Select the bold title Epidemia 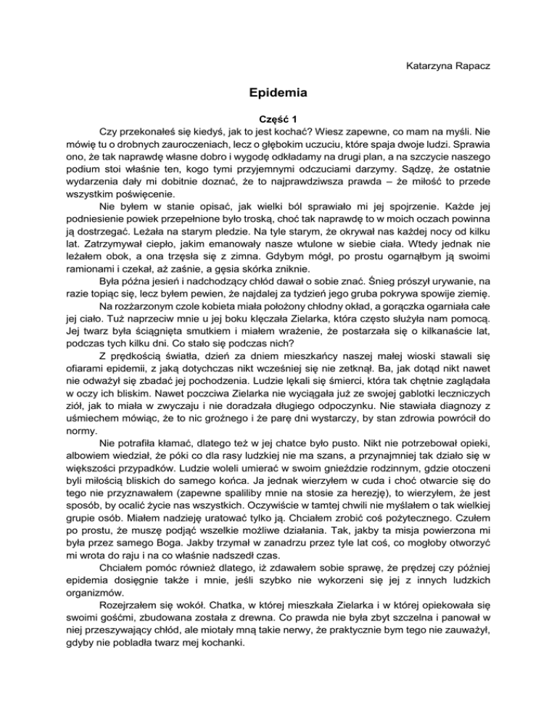tap(278, 93)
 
